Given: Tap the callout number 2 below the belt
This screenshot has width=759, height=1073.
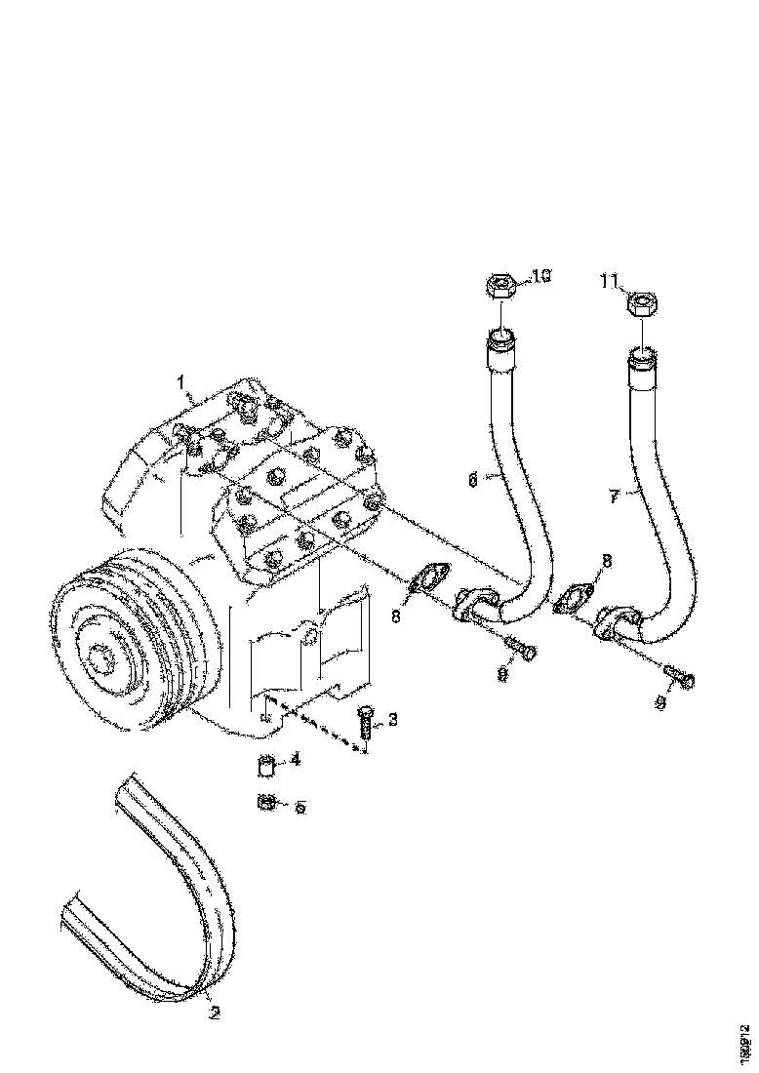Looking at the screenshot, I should tap(215, 1013).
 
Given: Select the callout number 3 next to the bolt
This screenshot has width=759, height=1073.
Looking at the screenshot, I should tap(392, 720).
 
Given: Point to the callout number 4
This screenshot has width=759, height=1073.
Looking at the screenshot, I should tap(295, 758).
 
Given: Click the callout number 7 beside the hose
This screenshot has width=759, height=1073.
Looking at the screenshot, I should tap(613, 497).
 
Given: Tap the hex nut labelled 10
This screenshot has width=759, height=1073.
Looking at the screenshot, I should tap(499, 288).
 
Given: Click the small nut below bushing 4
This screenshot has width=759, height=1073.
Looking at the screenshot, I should tap(263, 803).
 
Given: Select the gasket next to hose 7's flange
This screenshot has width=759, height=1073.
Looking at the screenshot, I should tap(574, 599).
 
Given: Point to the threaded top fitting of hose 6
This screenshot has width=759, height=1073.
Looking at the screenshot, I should tap(499, 347).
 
